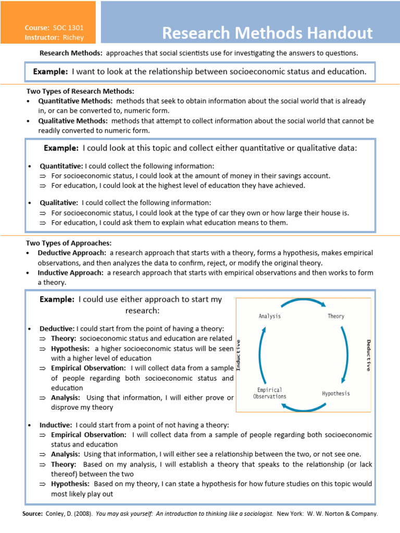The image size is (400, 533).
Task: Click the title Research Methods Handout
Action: click(x=267, y=33)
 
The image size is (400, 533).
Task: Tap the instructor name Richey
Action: click(x=73, y=37)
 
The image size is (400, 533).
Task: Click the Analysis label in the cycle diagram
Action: click(x=270, y=316)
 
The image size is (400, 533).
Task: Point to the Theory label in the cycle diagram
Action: click(x=336, y=316)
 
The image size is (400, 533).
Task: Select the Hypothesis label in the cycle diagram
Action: click(x=336, y=394)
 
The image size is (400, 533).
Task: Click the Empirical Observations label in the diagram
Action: click(x=270, y=393)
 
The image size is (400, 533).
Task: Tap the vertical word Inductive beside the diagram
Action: click(x=239, y=355)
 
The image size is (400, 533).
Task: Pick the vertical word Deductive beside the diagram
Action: click(x=368, y=355)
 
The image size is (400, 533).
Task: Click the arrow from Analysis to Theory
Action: click(x=303, y=303)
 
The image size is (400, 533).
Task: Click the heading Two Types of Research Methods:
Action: click(x=80, y=91)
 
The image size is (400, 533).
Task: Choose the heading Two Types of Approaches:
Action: click(x=69, y=243)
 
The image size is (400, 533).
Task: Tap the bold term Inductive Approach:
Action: click(x=70, y=273)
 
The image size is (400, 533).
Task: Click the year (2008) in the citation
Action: click(x=84, y=514)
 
